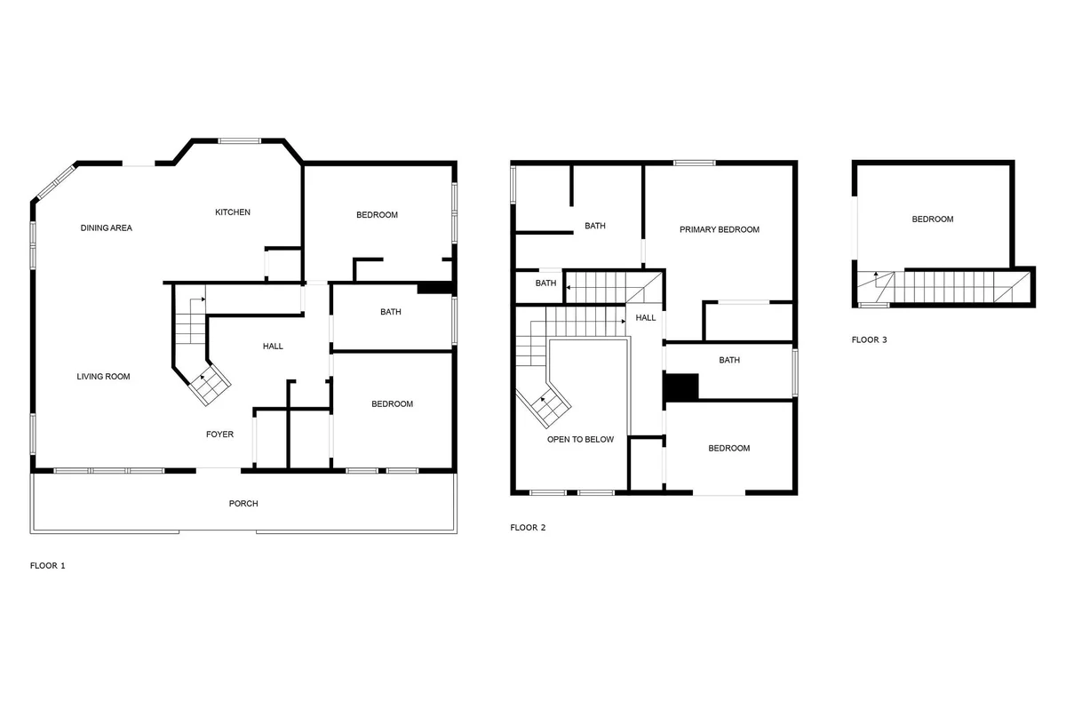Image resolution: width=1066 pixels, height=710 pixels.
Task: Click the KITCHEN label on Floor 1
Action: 232,212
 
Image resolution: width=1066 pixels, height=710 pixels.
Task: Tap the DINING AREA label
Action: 106,228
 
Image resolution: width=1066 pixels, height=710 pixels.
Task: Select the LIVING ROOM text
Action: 103,377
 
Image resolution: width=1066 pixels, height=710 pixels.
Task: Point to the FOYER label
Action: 219,435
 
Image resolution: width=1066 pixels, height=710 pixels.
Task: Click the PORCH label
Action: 243,504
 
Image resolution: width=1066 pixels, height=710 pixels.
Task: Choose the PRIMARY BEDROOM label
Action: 719,229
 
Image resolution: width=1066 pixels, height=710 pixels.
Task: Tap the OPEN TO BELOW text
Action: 580,440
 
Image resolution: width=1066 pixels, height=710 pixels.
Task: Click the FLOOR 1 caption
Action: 48,566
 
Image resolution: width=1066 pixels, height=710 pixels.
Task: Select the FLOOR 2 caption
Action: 528,528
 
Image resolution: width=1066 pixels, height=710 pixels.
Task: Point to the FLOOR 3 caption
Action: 869,340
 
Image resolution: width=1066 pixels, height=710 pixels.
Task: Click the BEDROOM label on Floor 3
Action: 932,219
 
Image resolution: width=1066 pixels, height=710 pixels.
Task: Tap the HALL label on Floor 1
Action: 273,347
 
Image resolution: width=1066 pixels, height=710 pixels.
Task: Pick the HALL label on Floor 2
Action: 645,317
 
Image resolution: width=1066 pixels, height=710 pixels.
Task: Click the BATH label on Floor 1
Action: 390,312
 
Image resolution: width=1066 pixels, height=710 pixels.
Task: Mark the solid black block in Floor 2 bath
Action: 681,387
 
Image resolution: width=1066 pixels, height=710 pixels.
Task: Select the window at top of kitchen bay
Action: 239,141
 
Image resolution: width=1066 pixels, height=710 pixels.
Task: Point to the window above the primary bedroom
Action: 695,163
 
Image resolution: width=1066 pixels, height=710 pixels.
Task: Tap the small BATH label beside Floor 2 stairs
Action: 545,283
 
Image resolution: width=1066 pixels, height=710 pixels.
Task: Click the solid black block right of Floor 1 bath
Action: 434,289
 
